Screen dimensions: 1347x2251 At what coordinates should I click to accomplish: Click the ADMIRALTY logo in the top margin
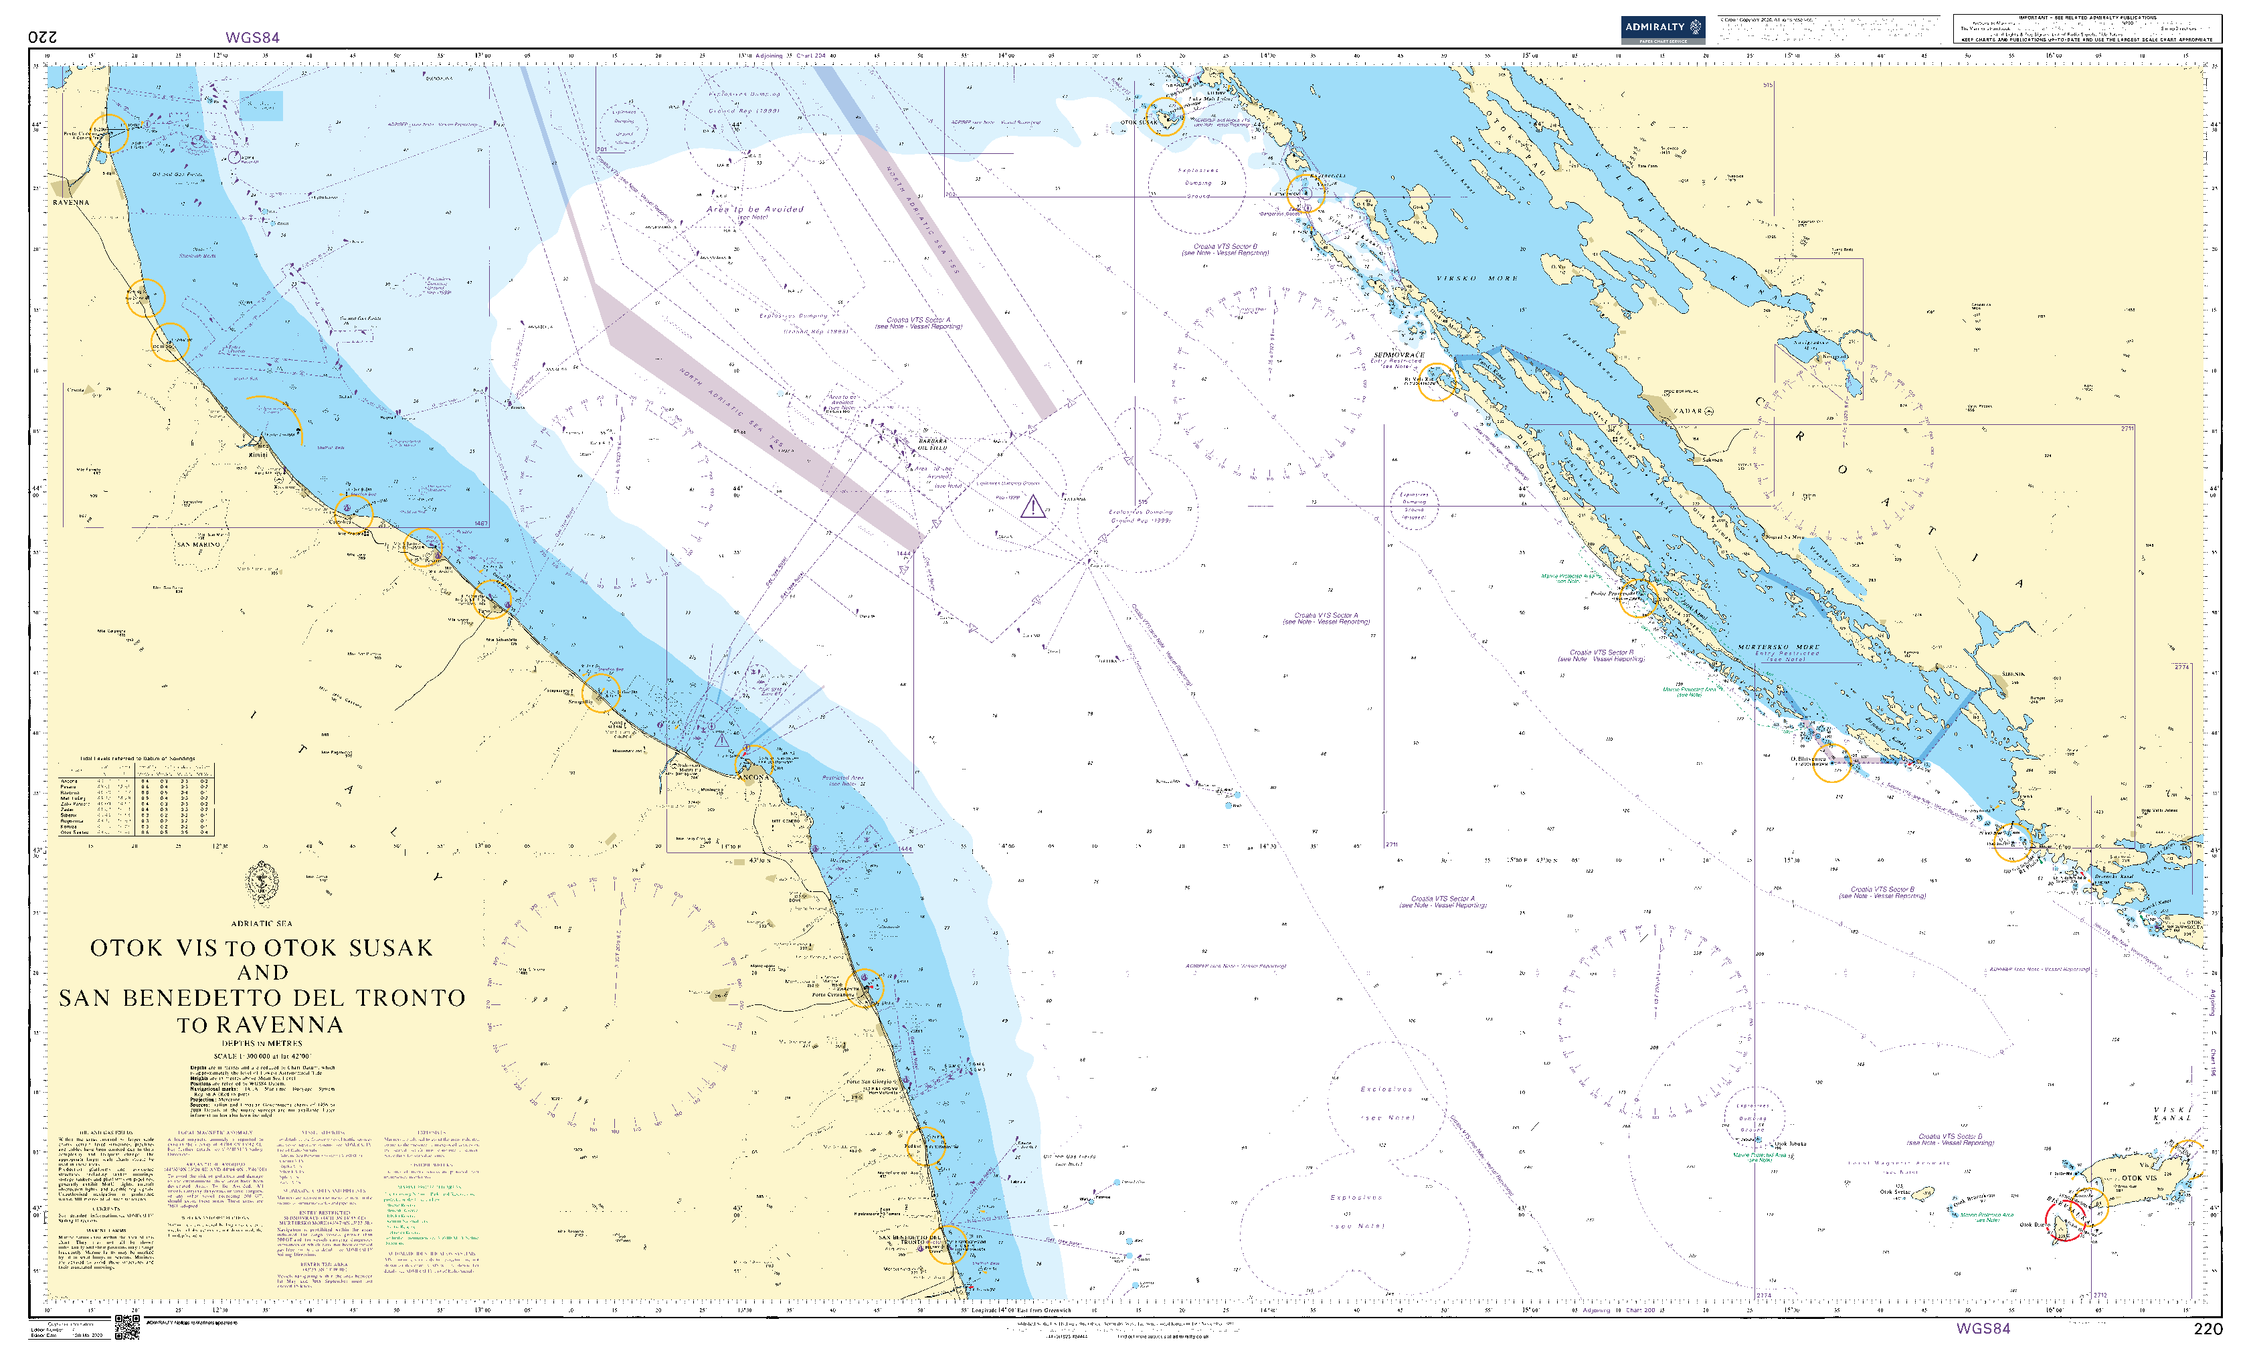[x=1662, y=29]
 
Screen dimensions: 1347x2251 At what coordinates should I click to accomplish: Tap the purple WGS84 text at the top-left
[x=252, y=37]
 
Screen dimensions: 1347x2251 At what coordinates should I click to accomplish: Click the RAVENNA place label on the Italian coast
[x=71, y=202]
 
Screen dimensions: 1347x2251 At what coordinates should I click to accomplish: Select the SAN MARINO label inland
[x=199, y=545]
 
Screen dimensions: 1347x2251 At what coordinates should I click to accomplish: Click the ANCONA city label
[x=751, y=778]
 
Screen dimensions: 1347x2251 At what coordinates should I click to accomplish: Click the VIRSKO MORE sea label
[x=1477, y=278]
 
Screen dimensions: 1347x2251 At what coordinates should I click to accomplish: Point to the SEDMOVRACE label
[x=1399, y=355]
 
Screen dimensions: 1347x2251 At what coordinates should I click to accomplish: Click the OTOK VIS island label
[x=2139, y=1178]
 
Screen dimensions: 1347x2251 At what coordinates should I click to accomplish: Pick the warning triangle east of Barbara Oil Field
[x=1032, y=507]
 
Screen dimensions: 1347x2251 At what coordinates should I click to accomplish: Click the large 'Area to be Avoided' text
[x=755, y=209]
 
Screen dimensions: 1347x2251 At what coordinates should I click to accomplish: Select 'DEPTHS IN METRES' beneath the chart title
[x=262, y=1044]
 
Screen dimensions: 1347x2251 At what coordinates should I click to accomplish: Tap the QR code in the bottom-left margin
[x=126, y=1327]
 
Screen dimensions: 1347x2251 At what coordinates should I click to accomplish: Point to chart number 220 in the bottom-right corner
[x=2208, y=1329]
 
